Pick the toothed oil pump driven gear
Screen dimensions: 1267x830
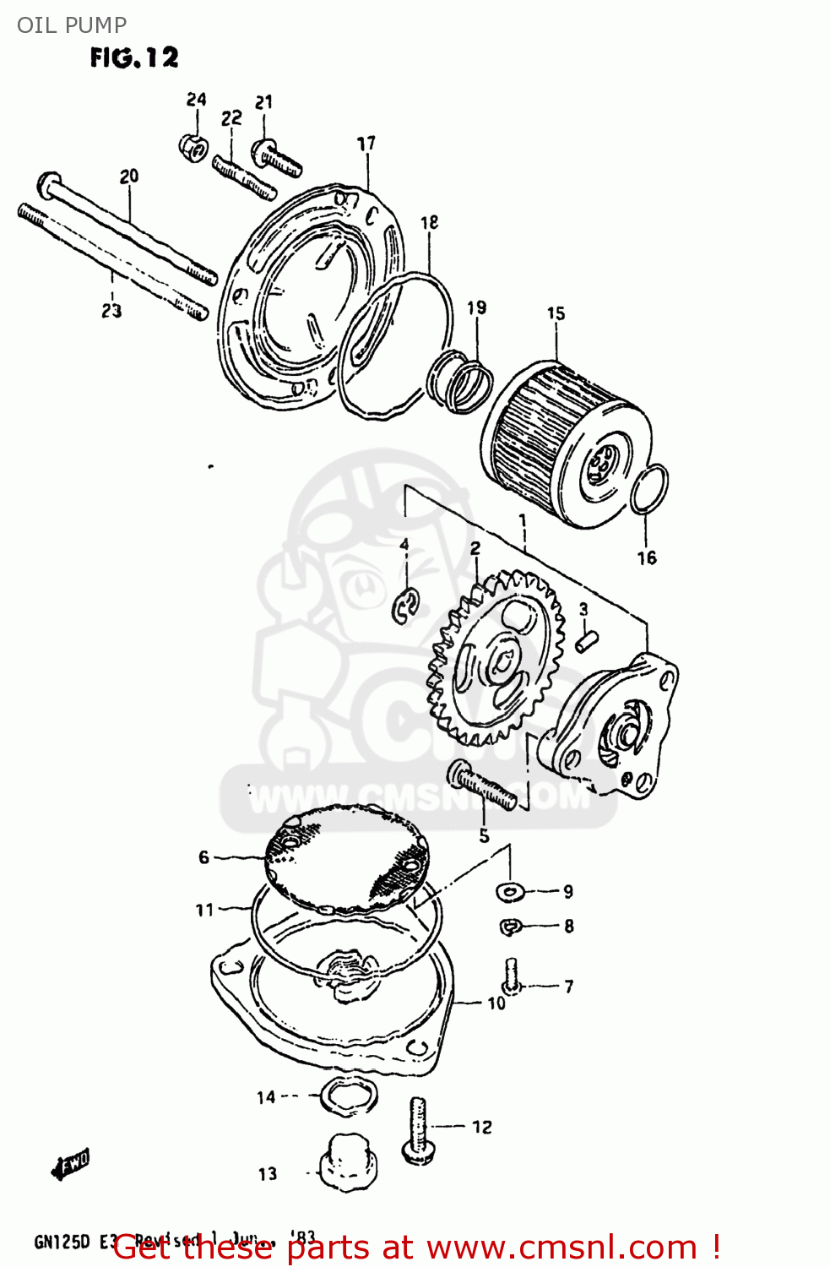pos(496,659)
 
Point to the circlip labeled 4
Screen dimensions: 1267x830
pos(406,606)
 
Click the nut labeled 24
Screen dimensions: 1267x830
pos(193,148)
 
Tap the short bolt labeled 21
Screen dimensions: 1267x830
pos(276,158)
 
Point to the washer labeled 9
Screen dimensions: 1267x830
pos(510,890)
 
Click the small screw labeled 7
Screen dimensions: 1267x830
pos(511,976)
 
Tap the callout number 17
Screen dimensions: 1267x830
pos(366,144)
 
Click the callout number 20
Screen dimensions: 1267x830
pos(128,177)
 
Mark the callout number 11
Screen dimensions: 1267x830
pos(204,910)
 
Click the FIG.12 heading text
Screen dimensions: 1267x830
pos(134,57)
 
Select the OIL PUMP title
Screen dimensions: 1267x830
pos(72,24)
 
